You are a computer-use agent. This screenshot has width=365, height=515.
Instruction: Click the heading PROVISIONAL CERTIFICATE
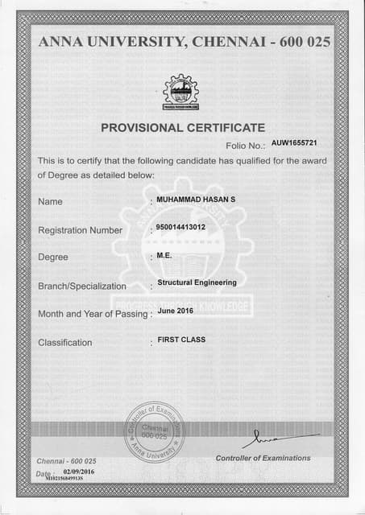click(x=183, y=127)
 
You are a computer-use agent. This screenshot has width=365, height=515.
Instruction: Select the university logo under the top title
click(x=180, y=92)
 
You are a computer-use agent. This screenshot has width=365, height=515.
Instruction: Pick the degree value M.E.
click(x=164, y=254)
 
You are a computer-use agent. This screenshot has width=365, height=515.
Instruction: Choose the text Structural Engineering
click(x=197, y=282)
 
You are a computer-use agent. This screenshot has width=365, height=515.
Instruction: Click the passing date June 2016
click(x=176, y=310)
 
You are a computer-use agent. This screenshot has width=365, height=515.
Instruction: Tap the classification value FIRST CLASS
click(x=181, y=340)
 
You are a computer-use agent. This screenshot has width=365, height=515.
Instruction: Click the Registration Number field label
click(x=81, y=230)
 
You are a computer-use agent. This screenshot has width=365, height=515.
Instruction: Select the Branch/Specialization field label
click(x=82, y=286)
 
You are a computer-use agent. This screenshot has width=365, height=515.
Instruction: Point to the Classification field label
click(x=65, y=343)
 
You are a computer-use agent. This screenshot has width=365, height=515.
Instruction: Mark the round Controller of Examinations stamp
click(x=154, y=432)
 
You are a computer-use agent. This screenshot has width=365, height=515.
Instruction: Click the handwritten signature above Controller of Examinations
click(x=266, y=439)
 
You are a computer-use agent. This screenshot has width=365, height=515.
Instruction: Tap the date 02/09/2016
click(x=79, y=472)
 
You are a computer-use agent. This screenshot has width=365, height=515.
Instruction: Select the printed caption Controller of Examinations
click(x=263, y=458)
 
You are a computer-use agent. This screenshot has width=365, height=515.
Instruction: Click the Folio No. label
click(x=246, y=146)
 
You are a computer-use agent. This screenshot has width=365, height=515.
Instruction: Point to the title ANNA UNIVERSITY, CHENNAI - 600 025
click(x=183, y=42)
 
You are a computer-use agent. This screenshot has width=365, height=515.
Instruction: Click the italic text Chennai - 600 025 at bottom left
click(x=67, y=460)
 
